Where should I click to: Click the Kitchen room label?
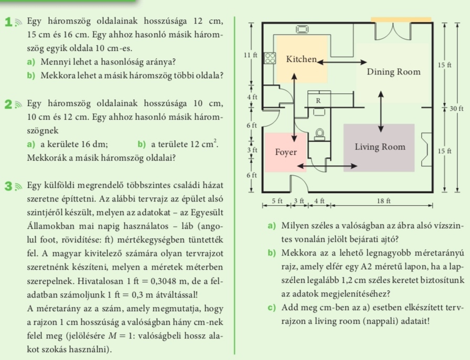pos(301,59)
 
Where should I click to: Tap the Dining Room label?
pos(393,72)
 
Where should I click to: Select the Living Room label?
pos(380,147)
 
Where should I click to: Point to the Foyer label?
pos(286,152)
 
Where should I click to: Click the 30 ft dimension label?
pos(456,108)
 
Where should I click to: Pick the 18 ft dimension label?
pos(383,200)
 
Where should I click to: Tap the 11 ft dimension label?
pos(251,55)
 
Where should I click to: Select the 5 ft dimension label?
pos(277,200)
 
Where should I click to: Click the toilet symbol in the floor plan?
pos(319,134)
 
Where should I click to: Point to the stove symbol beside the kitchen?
pos(270,58)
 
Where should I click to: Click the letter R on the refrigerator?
pos(318,101)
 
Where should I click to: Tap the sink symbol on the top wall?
pos(302,29)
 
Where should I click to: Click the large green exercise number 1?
pos(9,22)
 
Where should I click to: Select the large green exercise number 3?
pos(8,186)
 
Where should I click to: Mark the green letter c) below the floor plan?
pos(272,308)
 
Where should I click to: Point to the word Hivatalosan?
pos(100,281)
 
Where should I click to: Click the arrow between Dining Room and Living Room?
pos(381,111)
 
